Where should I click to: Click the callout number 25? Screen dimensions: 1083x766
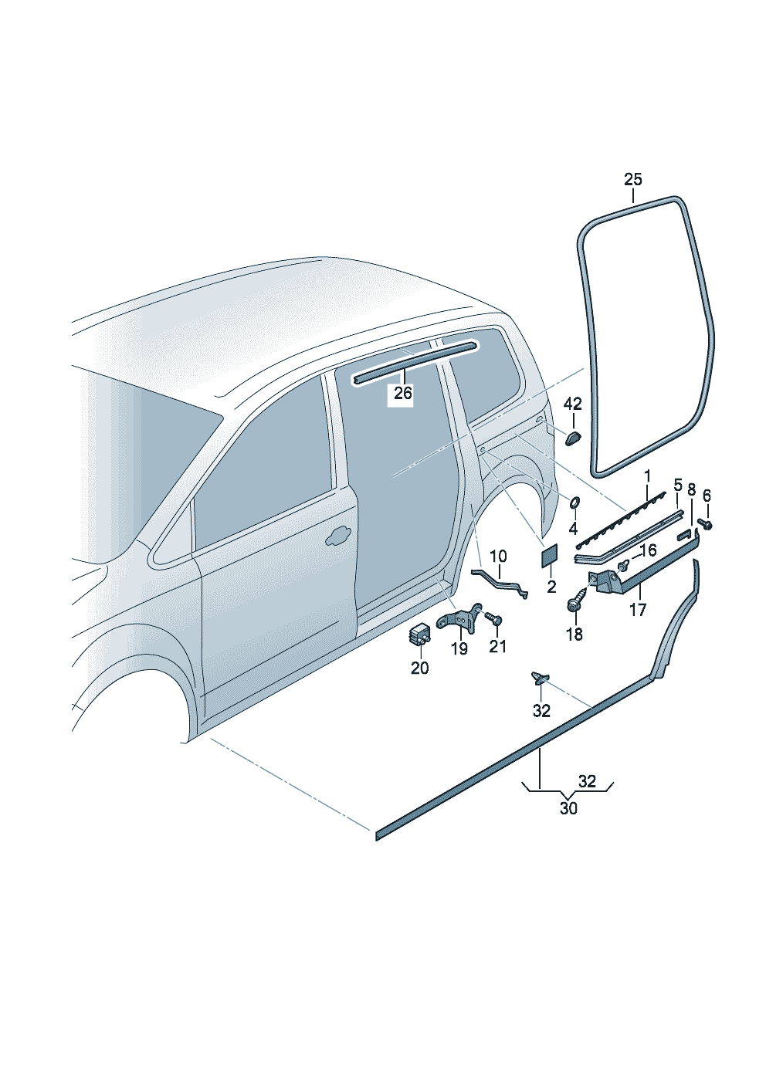coord(632,180)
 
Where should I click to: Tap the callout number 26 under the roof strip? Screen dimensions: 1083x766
coord(403,394)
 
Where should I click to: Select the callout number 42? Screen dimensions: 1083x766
coord(572,404)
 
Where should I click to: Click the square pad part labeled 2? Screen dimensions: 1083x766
coord(550,552)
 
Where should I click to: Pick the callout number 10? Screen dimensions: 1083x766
coord(498,556)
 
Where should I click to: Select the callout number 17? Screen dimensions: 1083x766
coord(638,609)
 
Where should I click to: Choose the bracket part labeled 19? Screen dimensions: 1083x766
coord(459,619)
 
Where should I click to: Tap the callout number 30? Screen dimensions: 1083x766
coord(568,808)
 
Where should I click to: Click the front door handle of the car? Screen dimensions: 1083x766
coord(337,536)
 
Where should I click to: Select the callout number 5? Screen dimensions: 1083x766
coord(677,486)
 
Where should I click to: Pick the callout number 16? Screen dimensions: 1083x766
coord(648,550)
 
